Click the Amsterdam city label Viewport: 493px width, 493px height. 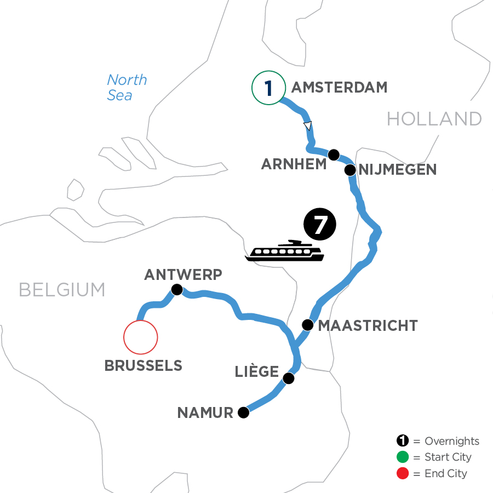coord(340,87)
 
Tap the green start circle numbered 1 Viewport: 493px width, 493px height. coord(268,88)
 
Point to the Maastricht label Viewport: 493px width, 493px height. coord(368,326)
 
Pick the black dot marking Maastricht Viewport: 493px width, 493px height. coord(308,326)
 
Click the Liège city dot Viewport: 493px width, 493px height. coord(289,379)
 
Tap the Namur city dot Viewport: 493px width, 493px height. coord(244,413)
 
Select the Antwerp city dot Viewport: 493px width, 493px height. coord(176,290)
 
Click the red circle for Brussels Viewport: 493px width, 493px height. coord(141,337)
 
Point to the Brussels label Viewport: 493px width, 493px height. coord(144,366)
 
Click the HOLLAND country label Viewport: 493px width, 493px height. coord(434,118)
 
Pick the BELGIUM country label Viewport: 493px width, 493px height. coord(62,290)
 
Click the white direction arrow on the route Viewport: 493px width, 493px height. coord(308,126)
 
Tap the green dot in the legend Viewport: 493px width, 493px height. coord(403,457)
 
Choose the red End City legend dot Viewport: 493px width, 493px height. coord(403,473)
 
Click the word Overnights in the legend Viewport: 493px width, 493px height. coord(452,441)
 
